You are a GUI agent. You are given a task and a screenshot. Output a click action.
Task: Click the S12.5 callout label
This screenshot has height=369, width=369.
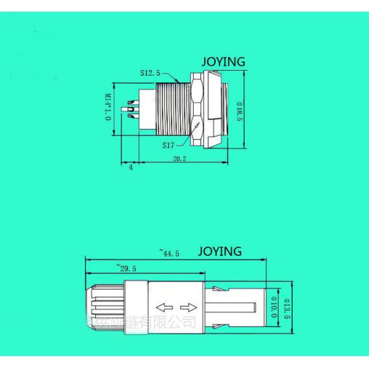pos(149,73)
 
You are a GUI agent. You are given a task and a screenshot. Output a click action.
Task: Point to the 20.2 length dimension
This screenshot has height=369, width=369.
pos(180,158)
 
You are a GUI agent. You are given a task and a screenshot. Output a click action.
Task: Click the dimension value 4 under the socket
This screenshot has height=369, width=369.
pos(130,167)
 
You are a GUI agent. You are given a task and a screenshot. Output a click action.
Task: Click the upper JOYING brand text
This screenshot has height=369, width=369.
pos(224,61)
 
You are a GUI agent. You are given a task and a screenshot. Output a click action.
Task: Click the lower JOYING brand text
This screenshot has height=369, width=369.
pos(220,252)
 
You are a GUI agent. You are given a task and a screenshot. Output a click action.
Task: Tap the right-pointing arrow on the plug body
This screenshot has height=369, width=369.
pos(189,306)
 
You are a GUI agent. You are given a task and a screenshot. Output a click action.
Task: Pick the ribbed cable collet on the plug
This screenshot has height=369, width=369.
pos(106,306)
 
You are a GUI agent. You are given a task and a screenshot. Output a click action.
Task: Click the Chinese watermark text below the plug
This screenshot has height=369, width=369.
pos(141,322)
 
